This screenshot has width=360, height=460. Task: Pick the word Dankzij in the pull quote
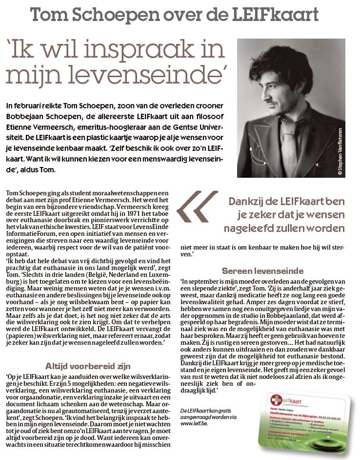click(249, 201)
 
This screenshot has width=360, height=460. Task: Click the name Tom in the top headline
click(47, 15)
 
